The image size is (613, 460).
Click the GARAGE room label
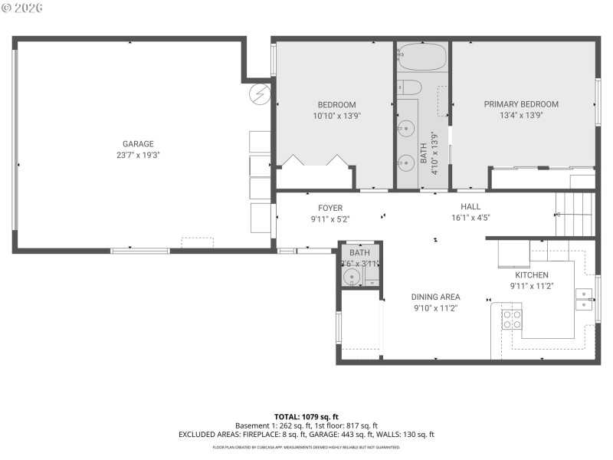(x=138, y=143)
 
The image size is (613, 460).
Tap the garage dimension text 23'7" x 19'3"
(x=138, y=155)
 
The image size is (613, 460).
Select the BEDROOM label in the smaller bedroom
(x=336, y=105)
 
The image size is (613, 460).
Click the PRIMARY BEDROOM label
(x=521, y=104)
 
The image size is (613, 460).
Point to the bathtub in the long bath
(x=422, y=58)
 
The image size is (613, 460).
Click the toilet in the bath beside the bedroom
(x=409, y=87)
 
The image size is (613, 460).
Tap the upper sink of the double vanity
(x=406, y=127)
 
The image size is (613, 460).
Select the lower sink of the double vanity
(x=406, y=162)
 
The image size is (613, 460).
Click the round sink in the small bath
(x=352, y=276)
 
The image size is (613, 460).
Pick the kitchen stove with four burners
(x=511, y=319)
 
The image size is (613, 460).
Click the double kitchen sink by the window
(x=585, y=299)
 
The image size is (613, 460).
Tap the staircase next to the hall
(x=575, y=214)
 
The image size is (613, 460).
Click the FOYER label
(x=330, y=208)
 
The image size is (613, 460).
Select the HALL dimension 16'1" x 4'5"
(x=470, y=219)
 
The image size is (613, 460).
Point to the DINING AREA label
(x=435, y=297)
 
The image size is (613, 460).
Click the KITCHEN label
(x=531, y=274)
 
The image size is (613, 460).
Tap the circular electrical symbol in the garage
(x=261, y=94)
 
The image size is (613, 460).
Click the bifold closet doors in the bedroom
(x=314, y=161)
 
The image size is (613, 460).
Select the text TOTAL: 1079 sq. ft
(x=306, y=416)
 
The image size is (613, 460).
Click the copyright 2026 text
(x=22, y=7)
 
